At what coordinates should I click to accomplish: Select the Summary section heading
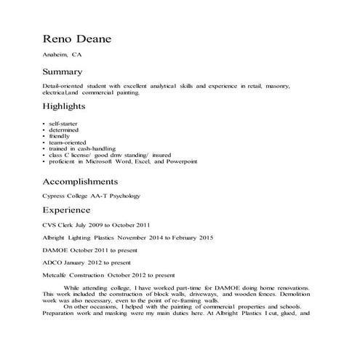pyautogui.click(x=63, y=72)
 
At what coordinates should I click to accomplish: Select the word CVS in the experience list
pyautogui.click(x=49, y=225)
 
